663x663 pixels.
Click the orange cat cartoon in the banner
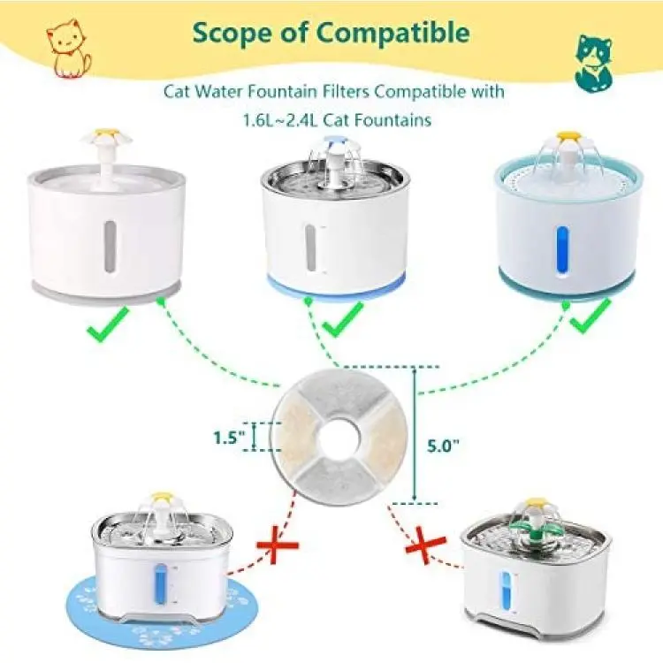pos(68,49)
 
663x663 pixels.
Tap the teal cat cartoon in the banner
pos(593,63)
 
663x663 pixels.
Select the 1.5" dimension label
pos(230,438)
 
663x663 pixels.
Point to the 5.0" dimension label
pos(443,446)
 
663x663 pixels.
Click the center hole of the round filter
pos(339,438)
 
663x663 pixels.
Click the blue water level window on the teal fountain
pos(563,250)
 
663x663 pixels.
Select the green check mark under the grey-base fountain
pos(108,324)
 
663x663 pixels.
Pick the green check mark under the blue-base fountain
pos(343,319)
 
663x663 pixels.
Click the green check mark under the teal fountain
pos(591,316)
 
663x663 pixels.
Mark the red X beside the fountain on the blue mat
pos(278,545)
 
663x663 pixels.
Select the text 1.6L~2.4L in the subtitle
pos(280,119)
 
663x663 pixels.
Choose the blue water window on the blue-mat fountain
pos(160,585)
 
